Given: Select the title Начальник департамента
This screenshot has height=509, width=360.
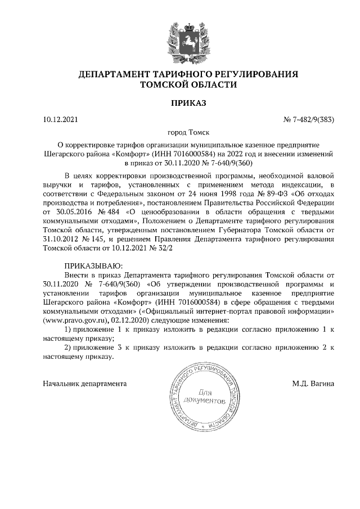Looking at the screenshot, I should (x=84, y=384).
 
